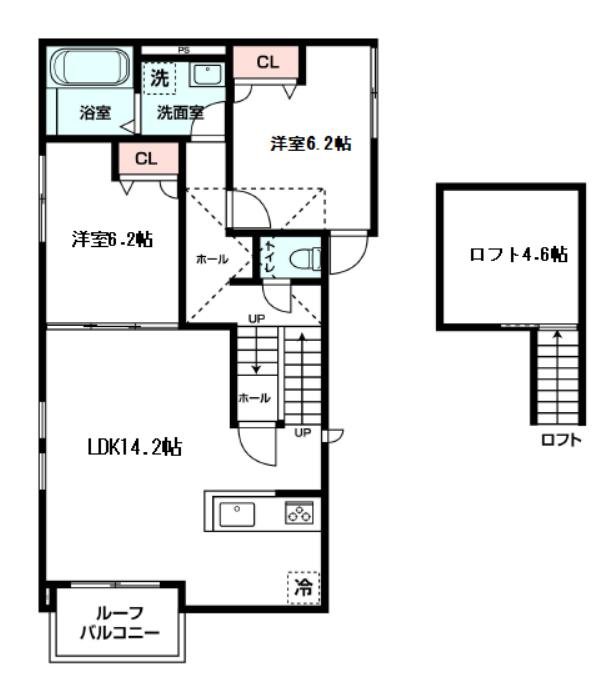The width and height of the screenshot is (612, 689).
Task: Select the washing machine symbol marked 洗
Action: point(160,76)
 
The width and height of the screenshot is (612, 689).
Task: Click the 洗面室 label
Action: point(179,113)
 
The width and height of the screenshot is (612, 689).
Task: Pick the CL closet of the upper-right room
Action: point(267,62)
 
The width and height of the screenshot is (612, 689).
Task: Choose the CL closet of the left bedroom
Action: point(147,158)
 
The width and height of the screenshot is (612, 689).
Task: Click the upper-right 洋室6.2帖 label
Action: point(310,143)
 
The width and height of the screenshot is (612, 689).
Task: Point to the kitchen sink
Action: point(238,514)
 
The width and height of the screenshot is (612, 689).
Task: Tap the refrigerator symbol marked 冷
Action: point(301,587)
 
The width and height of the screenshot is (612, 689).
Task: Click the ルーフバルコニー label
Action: point(119,623)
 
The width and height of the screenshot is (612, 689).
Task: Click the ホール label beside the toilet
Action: point(211,259)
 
